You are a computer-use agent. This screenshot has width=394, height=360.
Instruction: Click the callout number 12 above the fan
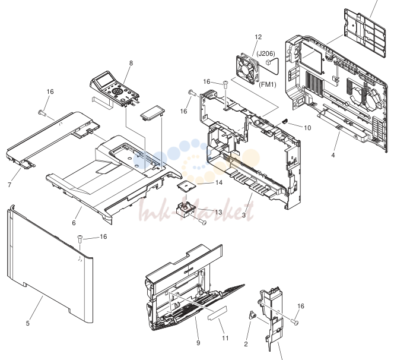tap(258, 37)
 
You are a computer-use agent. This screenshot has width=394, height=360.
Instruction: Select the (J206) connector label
tap(266, 53)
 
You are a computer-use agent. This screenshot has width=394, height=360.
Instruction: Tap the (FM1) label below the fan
tap(268, 84)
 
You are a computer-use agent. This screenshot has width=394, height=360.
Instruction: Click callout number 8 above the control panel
tap(131, 63)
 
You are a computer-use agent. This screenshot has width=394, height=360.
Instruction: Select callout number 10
tap(307, 128)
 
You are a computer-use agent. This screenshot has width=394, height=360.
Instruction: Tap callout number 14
tap(219, 182)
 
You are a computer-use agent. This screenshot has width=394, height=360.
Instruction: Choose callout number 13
tap(218, 212)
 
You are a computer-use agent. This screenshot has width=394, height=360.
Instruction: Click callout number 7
tap(9, 185)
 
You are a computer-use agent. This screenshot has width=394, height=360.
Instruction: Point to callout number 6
tap(74, 223)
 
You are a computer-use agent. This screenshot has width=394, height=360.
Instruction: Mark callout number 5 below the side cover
tap(28, 323)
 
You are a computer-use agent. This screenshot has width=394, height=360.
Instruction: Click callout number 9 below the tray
tap(198, 343)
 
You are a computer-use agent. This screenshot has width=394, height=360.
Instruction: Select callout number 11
tap(225, 339)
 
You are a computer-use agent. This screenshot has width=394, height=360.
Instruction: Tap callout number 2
tap(246, 344)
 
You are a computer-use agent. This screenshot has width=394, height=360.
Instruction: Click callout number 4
tap(333, 155)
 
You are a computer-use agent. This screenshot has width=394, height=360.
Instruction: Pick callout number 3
tap(244, 215)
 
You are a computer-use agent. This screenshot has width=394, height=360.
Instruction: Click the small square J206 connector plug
tap(268, 62)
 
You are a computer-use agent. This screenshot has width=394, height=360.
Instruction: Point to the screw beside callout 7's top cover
tap(42, 113)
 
